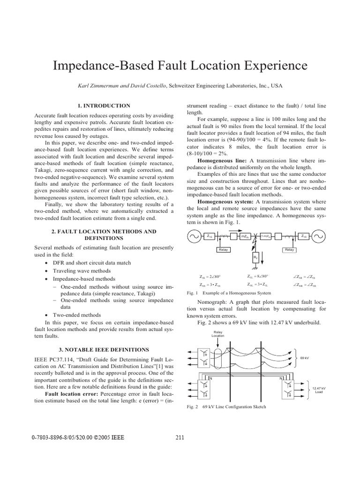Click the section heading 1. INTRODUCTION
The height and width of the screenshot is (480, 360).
pyautogui.click(x=104, y=106)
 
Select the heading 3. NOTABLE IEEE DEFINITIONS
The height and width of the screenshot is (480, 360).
pyautogui.click(x=104, y=350)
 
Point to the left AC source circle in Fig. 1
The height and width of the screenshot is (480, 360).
pyautogui.click(x=194, y=236)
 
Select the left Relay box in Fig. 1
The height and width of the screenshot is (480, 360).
pyautogui.click(x=223, y=250)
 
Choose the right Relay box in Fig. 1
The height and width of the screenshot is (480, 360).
pyautogui.click(x=289, y=250)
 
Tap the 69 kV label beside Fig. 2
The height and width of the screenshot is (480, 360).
pyautogui.click(x=305, y=358)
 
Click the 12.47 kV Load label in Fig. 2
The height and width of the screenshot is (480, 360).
pyautogui.click(x=319, y=390)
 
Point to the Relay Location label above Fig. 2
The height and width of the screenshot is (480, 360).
pyautogui.click(x=218, y=334)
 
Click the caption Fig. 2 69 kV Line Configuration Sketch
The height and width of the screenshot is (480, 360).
pyautogui.click(x=226, y=407)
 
